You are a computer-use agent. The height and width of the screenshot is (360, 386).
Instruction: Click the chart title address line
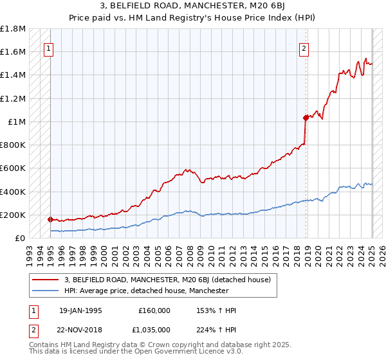click(192, 6)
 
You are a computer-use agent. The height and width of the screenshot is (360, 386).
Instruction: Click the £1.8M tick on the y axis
click(14, 29)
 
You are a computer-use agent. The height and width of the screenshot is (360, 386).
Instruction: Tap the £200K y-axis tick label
click(14, 215)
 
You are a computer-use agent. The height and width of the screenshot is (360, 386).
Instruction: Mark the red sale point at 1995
click(51, 219)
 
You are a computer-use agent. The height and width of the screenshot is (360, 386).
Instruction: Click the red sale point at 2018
click(306, 118)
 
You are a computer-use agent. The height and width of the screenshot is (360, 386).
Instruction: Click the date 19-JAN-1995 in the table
click(80, 310)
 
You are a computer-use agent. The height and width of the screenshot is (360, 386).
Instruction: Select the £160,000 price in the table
click(154, 310)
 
